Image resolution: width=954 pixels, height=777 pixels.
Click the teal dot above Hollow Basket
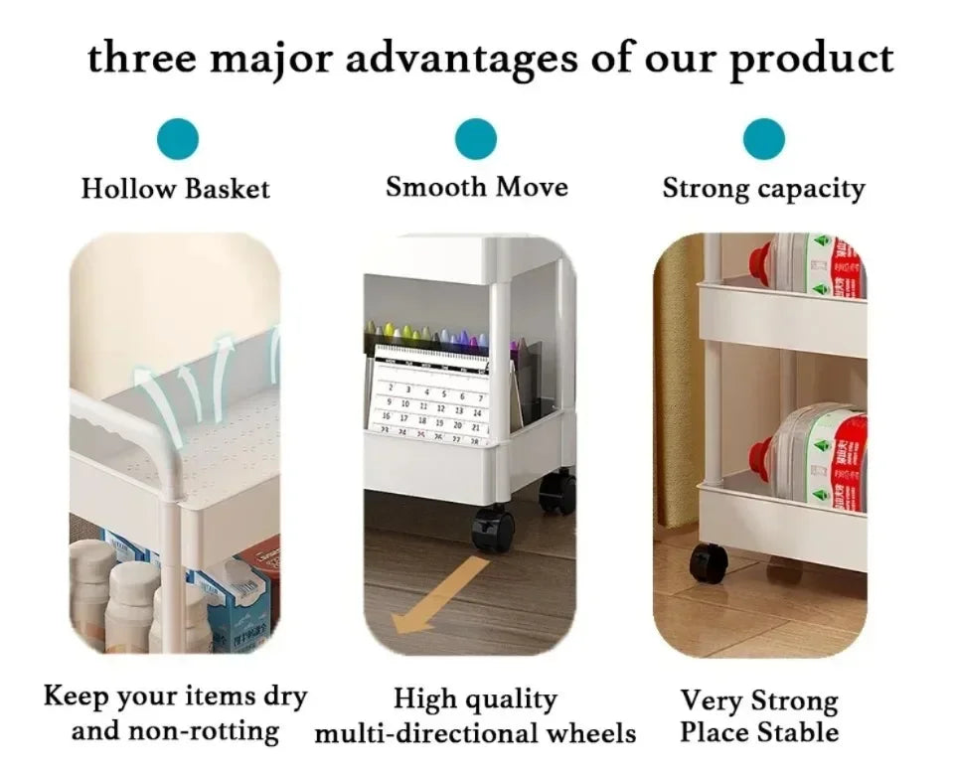pos(178,139)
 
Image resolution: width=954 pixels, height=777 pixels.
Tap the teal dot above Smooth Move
pos(476,139)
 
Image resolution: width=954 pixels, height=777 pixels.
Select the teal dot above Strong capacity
pos(763,139)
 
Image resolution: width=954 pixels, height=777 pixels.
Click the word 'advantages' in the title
pos(462,60)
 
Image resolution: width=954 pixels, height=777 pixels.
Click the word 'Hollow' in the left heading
pos(128,188)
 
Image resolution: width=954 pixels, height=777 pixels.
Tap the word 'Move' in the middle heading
pos(532,186)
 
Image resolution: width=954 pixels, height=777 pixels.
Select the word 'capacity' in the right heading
pos(812,189)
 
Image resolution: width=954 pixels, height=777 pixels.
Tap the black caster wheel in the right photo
pos(709,562)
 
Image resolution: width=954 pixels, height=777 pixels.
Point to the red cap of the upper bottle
pos(764,261)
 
